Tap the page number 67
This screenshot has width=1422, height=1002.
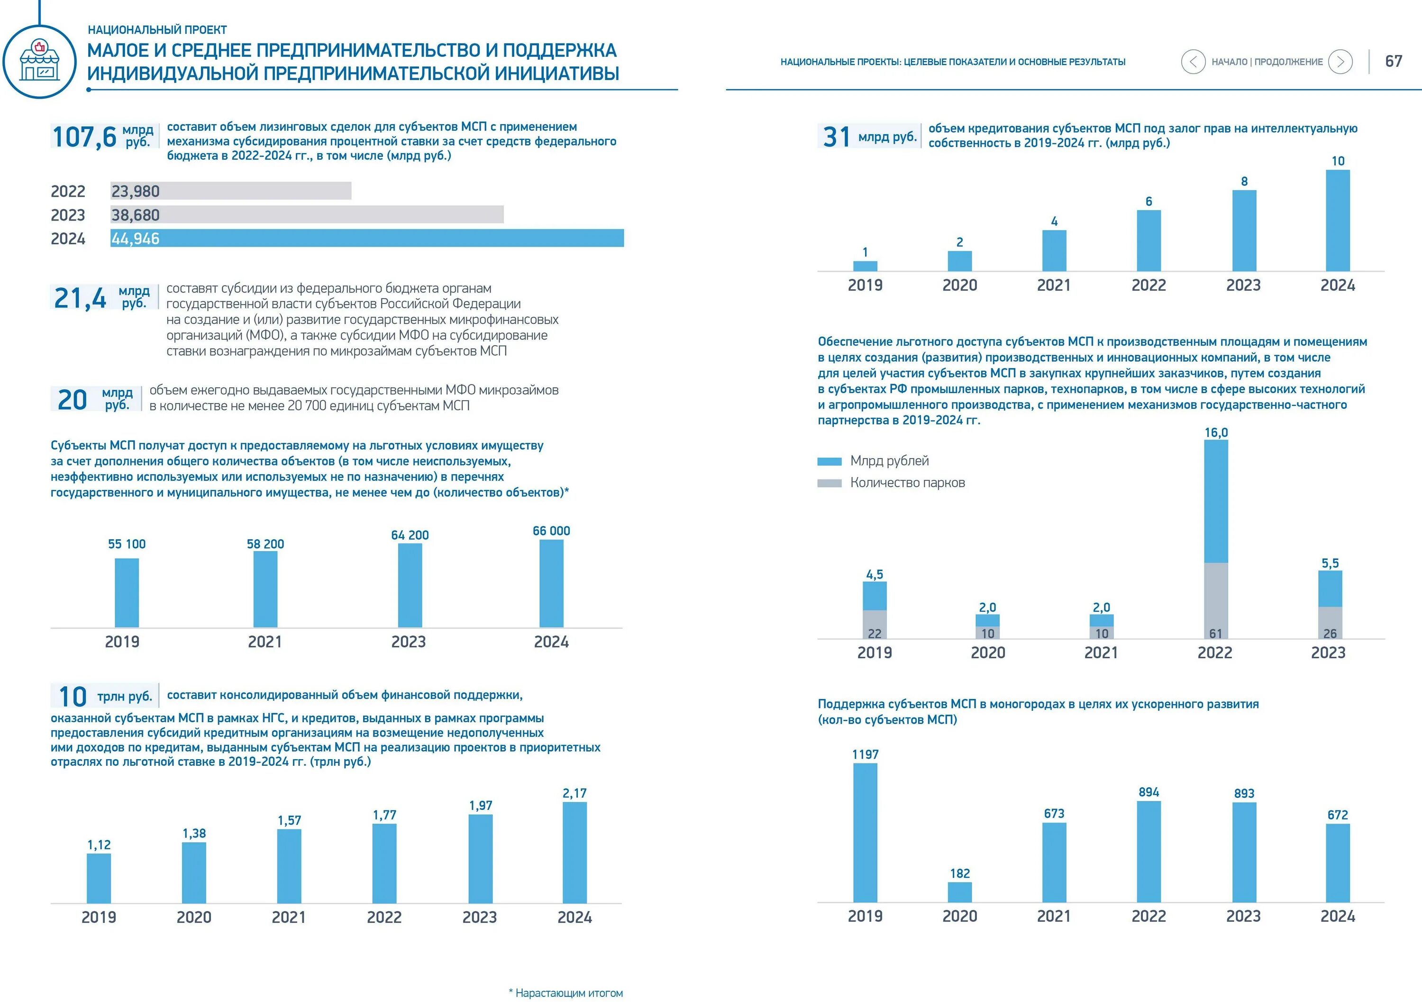pyautogui.click(x=1394, y=61)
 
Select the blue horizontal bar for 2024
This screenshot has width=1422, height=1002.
pyautogui.click(x=367, y=238)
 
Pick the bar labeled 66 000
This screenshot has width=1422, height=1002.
pyautogui.click(x=551, y=583)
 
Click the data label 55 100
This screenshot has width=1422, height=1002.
pyautogui.click(x=127, y=544)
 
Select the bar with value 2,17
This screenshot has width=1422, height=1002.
pyautogui.click(x=574, y=852)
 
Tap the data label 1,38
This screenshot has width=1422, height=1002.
pyautogui.click(x=194, y=834)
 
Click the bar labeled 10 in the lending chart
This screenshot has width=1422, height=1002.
pyautogui.click(x=1338, y=220)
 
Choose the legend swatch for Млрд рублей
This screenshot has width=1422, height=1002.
pyautogui.click(x=829, y=461)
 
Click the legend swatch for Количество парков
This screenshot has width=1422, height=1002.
pyautogui.click(x=829, y=483)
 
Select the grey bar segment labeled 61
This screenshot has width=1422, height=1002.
pyautogui.click(x=1216, y=600)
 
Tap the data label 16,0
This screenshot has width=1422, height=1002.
pyautogui.click(x=1216, y=432)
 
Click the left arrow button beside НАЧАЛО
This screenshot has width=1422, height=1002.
pyautogui.click(x=1193, y=61)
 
